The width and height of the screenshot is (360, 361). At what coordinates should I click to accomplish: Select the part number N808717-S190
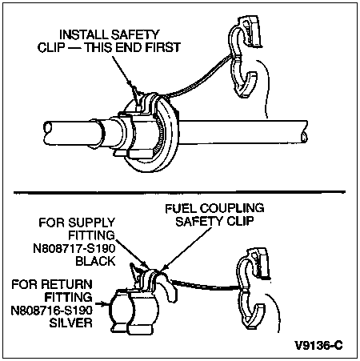[x=74, y=248]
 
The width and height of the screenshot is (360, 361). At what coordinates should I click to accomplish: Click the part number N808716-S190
[x=52, y=310]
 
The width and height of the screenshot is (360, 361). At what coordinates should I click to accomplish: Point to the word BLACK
[x=95, y=261]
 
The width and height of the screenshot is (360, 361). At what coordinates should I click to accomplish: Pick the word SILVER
[x=71, y=323]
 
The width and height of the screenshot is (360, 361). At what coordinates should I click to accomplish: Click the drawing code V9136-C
[x=318, y=345]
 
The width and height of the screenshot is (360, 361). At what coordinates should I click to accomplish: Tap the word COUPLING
[x=232, y=208]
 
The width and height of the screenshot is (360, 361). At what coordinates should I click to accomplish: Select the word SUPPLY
[x=91, y=223]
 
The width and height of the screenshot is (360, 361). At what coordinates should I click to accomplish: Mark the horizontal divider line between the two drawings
[x=179, y=192]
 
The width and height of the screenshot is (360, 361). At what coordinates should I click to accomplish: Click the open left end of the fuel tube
[x=48, y=128]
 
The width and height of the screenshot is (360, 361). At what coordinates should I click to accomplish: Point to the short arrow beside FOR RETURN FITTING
[x=102, y=303]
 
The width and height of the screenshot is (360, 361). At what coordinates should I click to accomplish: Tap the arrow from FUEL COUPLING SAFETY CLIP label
[x=186, y=249]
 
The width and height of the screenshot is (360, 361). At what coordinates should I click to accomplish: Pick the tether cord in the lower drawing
[x=206, y=285]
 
